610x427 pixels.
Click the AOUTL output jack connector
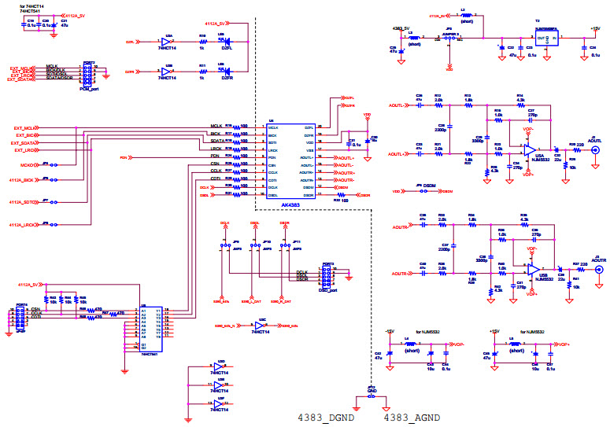pyautogui.click(x=595, y=149)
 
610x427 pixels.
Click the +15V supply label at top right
pyautogui.click(x=595, y=28)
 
